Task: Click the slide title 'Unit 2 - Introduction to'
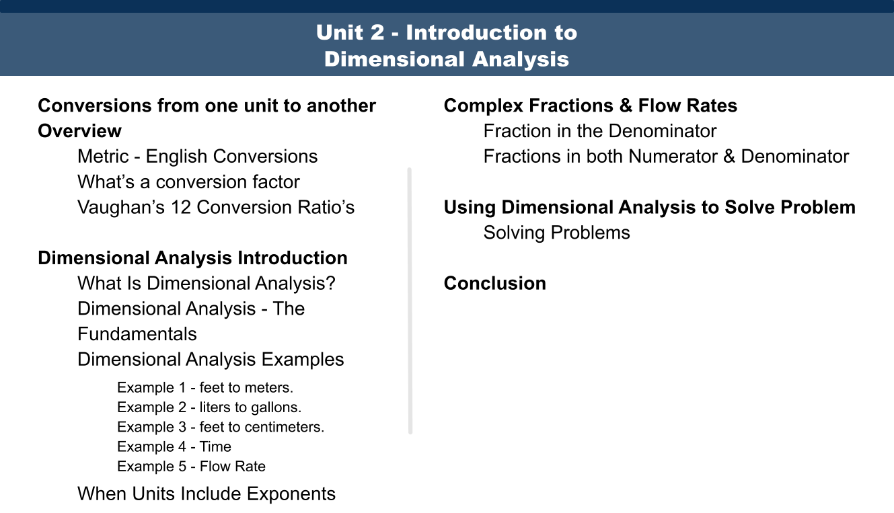(x=447, y=32)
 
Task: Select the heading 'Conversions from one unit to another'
(x=207, y=106)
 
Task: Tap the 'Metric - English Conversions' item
(x=197, y=157)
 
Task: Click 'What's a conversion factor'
(x=188, y=182)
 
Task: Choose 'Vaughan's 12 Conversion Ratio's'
(x=216, y=207)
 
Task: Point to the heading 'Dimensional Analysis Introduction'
(x=192, y=258)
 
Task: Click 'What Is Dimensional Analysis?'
(x=206, y=283)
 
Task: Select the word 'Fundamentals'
(x=137, y=334)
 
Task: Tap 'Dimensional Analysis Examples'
(x=211, y=360)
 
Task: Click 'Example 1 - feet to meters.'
(x=205, y=388)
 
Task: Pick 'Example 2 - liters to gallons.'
(x=209, y=407)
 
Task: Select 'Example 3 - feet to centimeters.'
(x=221, y=427)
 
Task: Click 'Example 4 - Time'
(x=174, y=446)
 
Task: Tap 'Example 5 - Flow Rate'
(x=191, y=467)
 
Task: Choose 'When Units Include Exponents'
(x=207, y=494)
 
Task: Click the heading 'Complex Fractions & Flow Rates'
(x=590, y=106)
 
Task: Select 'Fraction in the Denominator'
(x=600, y=131)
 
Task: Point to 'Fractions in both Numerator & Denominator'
(x=666, y=157)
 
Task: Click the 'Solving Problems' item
(x=556, y=233)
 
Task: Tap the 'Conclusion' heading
(x=494, y=283)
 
